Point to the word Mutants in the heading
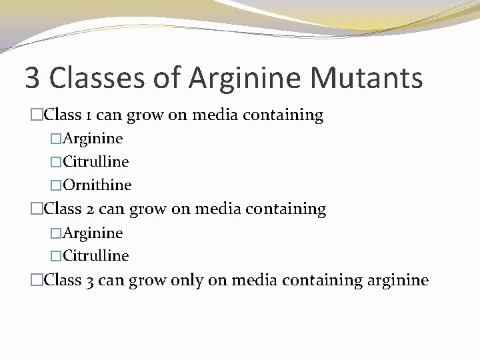[x=367, y=78]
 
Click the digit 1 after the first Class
[x=89, y=115]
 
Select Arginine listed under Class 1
[x=92, y=139]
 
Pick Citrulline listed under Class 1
[x=95, y=162]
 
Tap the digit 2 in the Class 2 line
[x=90, y=209]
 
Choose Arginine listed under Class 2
[x=92, y=233]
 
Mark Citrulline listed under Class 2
[x=95, y=256]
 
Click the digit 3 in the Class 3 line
[x=90, y=280]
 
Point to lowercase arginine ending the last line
[x=398, y=280]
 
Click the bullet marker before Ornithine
[x=56, y=185]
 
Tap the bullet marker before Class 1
[x=36, y=115]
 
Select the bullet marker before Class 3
[x=36, y=280]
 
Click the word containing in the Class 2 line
[x=286, y=209]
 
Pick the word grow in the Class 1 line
[x=145, y=115]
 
